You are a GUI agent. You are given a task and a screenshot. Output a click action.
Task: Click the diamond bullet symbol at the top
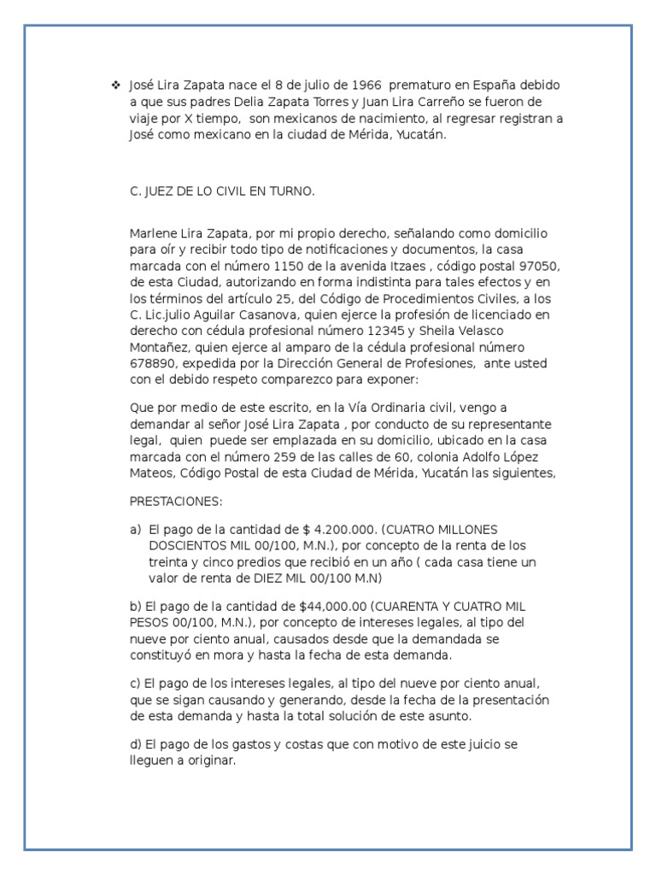pyautogui.click(x=116, y=85)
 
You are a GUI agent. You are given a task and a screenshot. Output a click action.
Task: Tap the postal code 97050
pyautogui.click(x=542, y=266)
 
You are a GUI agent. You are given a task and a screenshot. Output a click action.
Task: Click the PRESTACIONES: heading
pyautogui.click(x=176, y=501)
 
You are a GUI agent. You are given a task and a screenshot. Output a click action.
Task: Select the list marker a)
pyautogui.click(x=135, y=530)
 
